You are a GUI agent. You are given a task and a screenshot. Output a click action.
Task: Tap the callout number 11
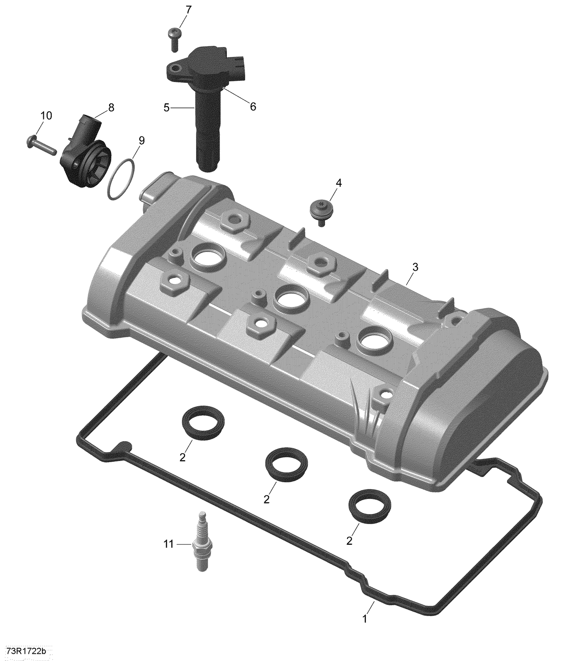click(168, 544)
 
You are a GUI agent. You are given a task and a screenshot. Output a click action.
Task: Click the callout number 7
click(188, 9)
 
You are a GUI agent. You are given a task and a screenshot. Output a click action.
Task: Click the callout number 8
click(111, 108)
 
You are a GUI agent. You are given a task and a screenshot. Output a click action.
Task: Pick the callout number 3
click(415, 267)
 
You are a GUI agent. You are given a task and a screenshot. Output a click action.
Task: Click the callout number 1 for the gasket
click(365, 619)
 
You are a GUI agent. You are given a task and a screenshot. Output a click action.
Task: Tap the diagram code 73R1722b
click(26, 652)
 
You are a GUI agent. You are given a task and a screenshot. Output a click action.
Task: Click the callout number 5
click(166, 108)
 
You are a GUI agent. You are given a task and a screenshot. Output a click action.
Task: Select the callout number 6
click(253, 107)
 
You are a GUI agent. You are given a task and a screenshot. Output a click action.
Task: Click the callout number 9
click(141, 140)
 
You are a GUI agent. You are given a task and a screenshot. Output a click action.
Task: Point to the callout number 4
click(338, 183)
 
